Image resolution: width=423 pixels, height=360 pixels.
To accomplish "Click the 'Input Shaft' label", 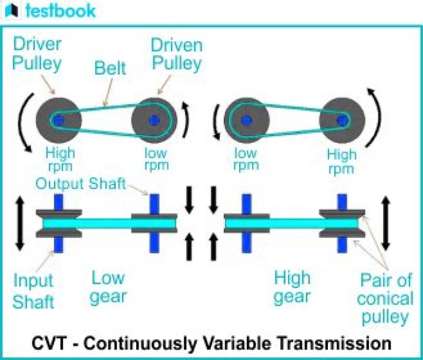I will tap(33, 291).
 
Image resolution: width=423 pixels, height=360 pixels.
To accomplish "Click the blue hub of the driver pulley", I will tap(58, 120).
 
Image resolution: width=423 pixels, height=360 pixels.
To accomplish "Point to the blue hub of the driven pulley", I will tap(154, 120).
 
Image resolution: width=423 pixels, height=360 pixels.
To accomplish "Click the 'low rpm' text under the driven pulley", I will tap(155, 159).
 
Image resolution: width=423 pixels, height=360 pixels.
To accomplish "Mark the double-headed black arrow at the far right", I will tap(385, 223).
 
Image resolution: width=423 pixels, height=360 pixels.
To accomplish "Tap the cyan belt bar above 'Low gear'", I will tap(106, 224).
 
